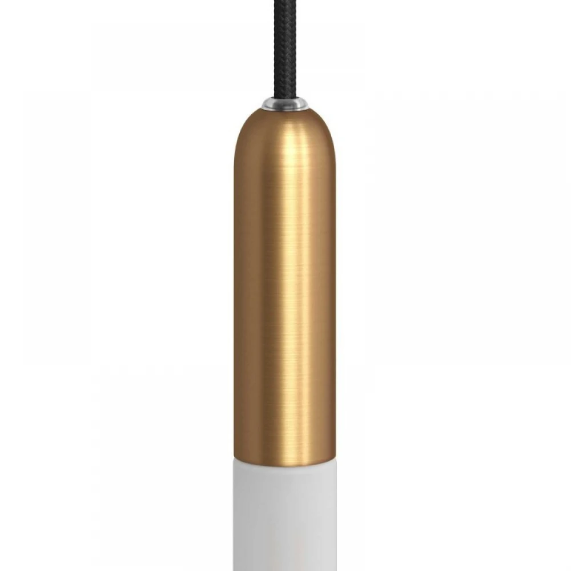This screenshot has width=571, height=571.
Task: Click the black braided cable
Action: point(285,51)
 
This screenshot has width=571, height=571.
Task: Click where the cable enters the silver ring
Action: point(285,100)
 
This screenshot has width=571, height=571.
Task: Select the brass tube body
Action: point(285,285)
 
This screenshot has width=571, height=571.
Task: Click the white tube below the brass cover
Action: point(285,514)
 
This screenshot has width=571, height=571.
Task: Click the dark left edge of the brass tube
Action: point(236,285)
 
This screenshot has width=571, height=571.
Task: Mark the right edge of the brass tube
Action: point(334,285)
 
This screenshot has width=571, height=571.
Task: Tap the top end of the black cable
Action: point(285,2)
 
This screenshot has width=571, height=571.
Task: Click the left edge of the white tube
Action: point(236,514)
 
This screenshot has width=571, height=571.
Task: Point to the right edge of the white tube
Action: point(334,514)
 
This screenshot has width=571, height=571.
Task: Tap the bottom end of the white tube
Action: point(285,568)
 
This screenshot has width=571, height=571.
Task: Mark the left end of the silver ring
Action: point(264,104)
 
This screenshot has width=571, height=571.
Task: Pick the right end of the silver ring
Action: point(306,104)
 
